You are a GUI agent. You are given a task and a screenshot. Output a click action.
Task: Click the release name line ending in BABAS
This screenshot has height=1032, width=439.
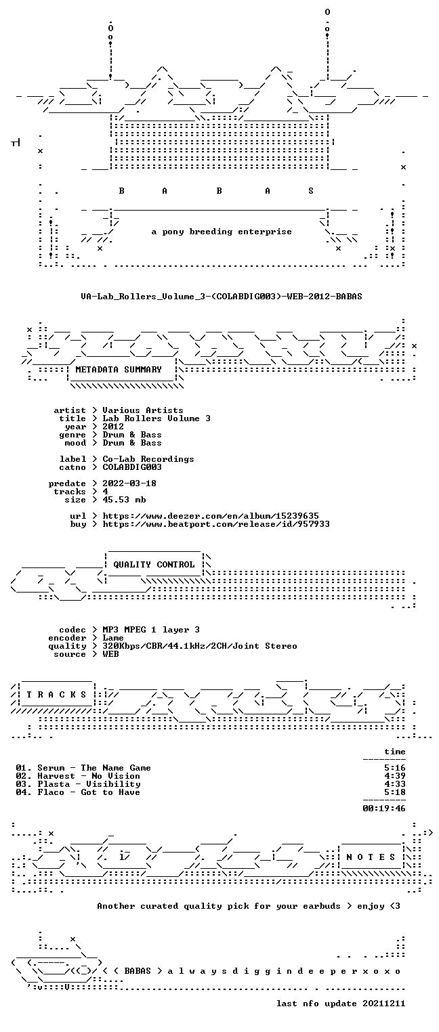pos(222,297)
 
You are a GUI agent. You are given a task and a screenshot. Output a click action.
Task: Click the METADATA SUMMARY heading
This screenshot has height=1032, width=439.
pos(119,370)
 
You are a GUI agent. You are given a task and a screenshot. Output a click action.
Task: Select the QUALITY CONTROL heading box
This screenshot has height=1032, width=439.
pos(154,564)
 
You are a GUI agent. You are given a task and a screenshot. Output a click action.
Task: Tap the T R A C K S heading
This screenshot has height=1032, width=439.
pos(57,694)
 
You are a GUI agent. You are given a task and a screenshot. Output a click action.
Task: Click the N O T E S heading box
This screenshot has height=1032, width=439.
pos(371,857)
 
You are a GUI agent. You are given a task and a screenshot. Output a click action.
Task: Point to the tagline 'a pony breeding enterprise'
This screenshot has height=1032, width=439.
pos(222,232)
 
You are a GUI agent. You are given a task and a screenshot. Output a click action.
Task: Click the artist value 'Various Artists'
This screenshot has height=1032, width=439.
pos(143,410)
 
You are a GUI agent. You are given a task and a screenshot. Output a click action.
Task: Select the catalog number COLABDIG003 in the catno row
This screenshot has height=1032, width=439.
pos(132,467)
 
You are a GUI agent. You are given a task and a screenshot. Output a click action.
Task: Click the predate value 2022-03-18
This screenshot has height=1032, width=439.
pos(129,483)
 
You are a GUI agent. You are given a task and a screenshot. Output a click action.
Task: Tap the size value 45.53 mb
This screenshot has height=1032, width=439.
pos(124,500)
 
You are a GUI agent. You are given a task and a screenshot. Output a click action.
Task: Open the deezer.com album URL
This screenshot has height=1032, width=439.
pos(211,516)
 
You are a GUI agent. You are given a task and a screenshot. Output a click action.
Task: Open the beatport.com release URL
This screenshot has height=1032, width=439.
pos(216,524)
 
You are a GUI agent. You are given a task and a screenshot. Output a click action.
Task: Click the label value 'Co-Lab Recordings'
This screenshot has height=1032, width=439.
pos(148,459)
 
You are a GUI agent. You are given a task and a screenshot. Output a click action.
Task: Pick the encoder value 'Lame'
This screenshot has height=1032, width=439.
pos(113,638)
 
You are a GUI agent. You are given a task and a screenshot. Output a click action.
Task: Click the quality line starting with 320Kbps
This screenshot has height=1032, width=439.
pos(200,646)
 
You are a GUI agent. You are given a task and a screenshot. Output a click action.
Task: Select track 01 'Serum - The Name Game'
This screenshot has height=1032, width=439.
pos(83,768)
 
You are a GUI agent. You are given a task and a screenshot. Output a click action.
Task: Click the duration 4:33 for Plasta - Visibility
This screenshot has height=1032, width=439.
pos(395,784)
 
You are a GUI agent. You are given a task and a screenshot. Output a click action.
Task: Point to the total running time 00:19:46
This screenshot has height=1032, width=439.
pos(384,808)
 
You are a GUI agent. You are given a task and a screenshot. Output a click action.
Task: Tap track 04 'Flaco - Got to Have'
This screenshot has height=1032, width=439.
pos(78,792)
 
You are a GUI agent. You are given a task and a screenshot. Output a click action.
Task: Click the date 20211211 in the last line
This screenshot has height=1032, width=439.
pos(384,1004)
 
